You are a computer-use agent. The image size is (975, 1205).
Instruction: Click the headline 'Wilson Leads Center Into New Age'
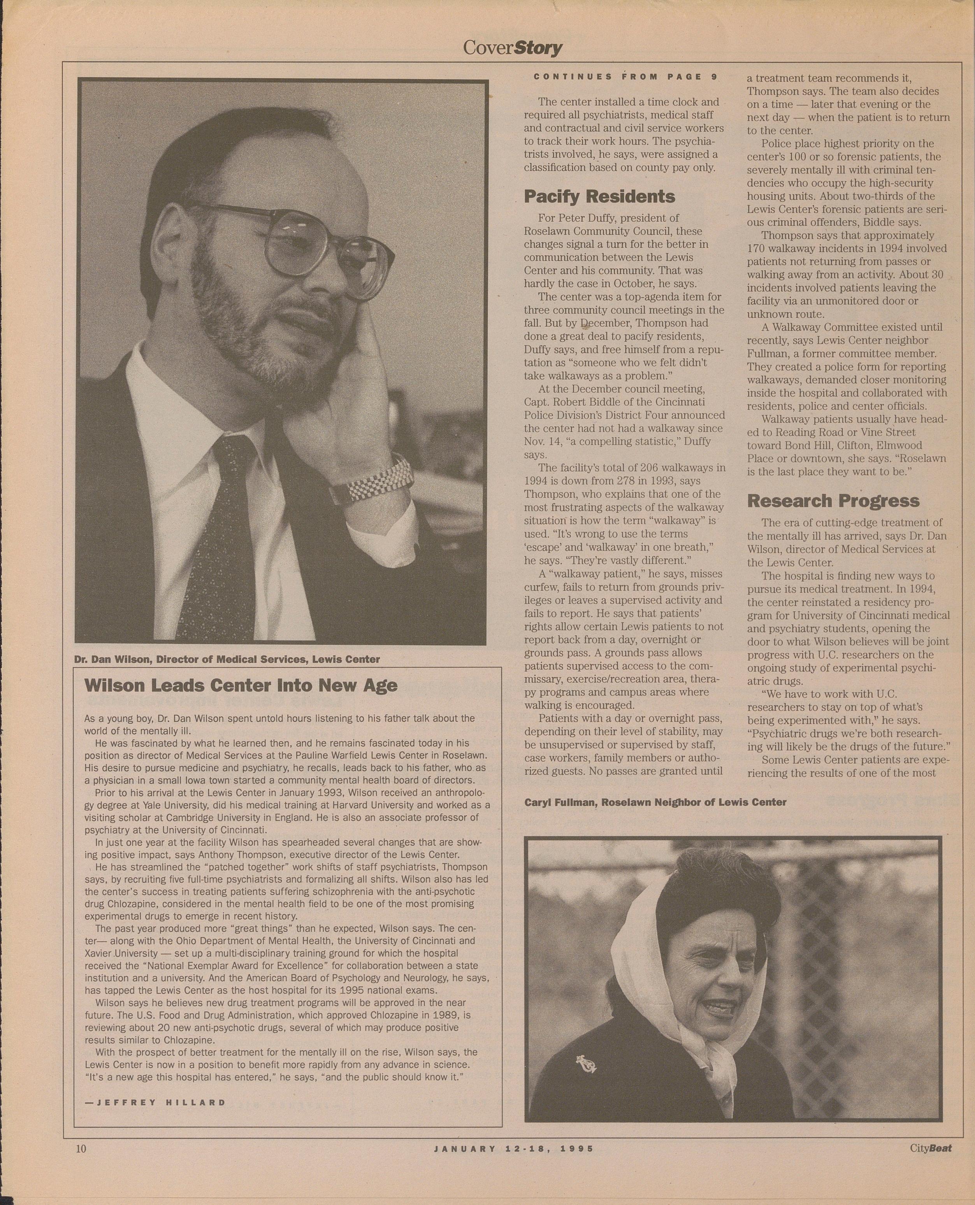[x=241, y=685]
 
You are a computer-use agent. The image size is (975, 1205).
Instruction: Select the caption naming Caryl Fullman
[x=655, y=802]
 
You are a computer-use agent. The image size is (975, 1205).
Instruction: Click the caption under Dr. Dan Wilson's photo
[x=227, y=659]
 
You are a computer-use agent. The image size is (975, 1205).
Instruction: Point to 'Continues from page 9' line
[x=625, y=77]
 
